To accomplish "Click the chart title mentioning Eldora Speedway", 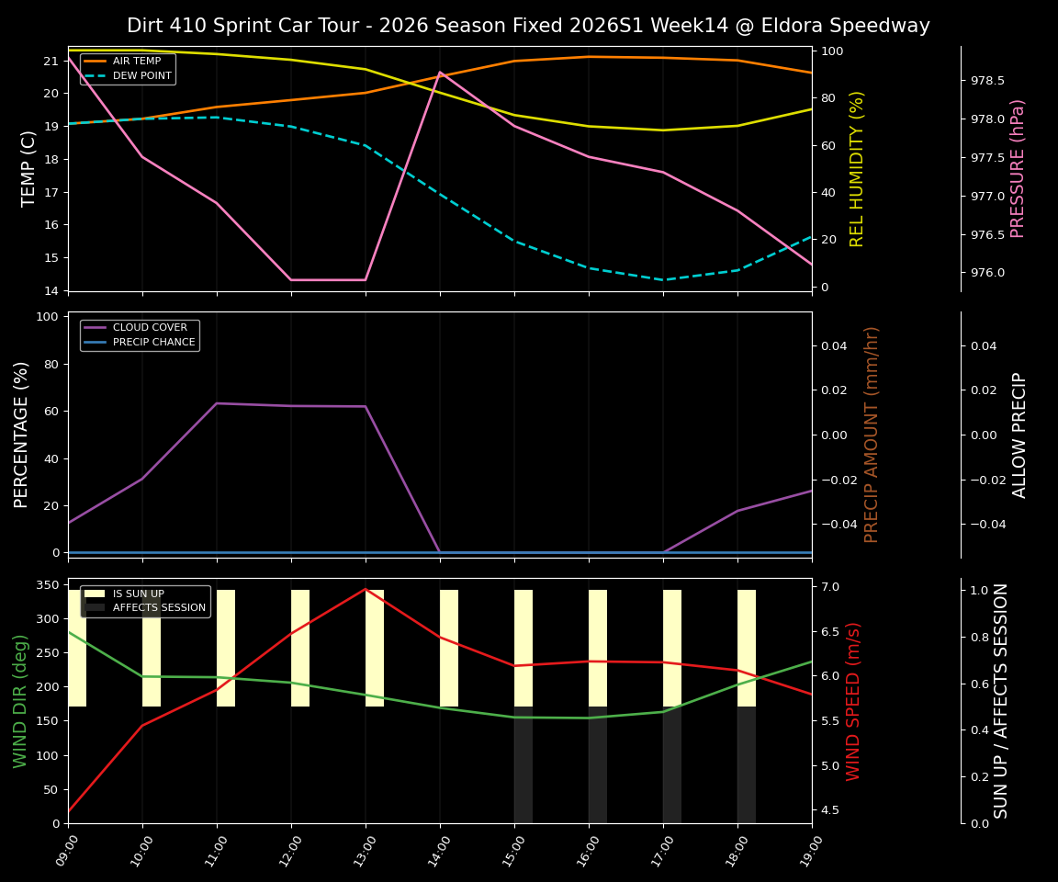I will tap(528, 26).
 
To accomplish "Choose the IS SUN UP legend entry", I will tap(138, 594).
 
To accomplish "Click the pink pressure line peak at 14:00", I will tap(440, 72).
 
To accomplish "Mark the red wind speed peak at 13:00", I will tap(366, 589).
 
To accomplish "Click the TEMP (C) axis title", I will tap(29, 168).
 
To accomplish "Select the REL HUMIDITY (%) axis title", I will tap(857, 168).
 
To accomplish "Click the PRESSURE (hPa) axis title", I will tap(1018, 168).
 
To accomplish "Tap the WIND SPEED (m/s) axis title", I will tap(854, 701).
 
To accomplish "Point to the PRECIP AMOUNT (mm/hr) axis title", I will tap(872, 435).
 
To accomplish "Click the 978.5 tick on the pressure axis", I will tap(987, 81).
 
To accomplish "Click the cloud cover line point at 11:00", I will tap(217, 403).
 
